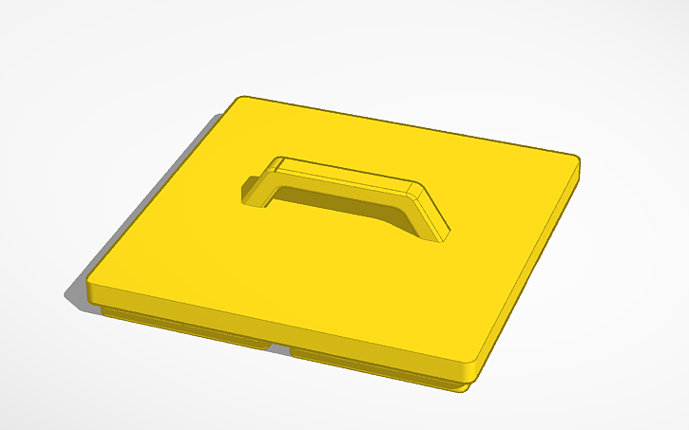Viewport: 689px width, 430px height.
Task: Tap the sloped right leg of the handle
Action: point(432,214)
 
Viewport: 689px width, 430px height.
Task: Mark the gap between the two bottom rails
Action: point(279,348)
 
